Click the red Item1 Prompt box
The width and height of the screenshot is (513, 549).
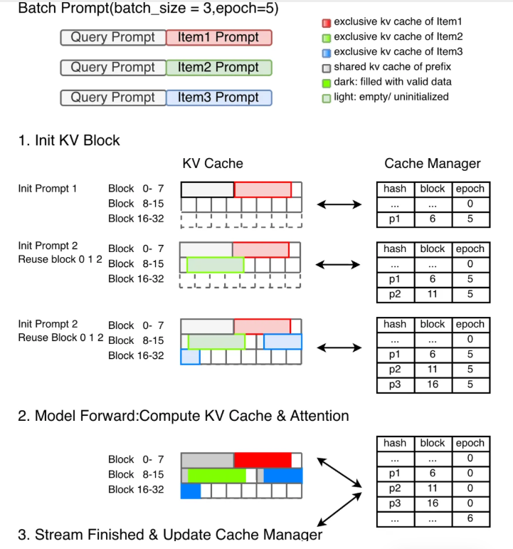click(x=218, y=38)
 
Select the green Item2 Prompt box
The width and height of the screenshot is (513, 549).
click(x=218, y=68)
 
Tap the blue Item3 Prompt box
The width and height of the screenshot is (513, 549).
click(x=218, y=98)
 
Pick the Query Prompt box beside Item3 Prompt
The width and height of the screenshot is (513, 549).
click(x=113, y=98)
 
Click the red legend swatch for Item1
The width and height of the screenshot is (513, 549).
click(x=327, y=23)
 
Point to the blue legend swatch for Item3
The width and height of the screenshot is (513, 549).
click(x=327, y=52)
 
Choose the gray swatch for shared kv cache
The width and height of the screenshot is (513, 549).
click(x=327, y=67)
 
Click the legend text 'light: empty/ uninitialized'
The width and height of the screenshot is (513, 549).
click(x=391, y=96)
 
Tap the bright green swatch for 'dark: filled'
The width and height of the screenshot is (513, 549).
click(x=327, y=82)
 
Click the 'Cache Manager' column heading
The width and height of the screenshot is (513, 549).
click(x=433, y=164)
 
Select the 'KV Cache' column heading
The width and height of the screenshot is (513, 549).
click(x=213, y=164)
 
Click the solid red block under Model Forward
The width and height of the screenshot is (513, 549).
click(x=263, y=460)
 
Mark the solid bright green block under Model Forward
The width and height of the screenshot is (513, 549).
click(x=216, y=475)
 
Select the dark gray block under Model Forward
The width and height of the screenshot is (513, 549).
click(x=207, y=460)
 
